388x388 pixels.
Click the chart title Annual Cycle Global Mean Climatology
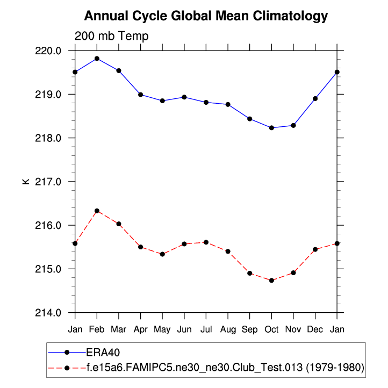(x=206, y=16)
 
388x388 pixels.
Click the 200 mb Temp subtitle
(x=111, y=36)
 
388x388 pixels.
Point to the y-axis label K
(x=26, y=182)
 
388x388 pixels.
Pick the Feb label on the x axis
(x=97, y=328)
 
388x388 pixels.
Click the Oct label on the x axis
(x=271, y=328)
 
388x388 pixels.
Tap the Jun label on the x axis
(x=184, y=328)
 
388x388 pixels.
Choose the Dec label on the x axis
(x=315, y=328)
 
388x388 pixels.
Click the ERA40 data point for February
(x=97, y=59)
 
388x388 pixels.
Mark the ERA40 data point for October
(x=271, y=128)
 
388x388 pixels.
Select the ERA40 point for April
(x=140, y=95)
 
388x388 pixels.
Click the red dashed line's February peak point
(x=97, y=211)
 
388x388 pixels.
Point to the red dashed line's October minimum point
(x=271, y=281)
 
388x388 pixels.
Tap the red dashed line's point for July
(x=206, y=242)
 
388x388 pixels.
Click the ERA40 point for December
(x=315, y=98)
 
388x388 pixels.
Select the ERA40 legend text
(x=102, y=352)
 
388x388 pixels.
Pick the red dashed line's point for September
(x=250, y=273)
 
